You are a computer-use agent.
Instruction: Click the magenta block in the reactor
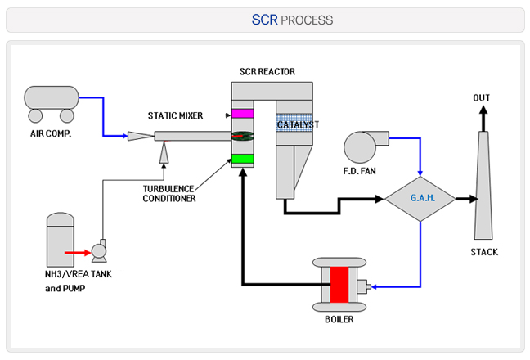click(x=243, y=114)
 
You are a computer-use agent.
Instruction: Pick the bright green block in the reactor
click(x=243, y=159)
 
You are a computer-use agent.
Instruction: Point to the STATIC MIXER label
click(x=175, y=115)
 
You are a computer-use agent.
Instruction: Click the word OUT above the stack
click(x=482, y=99)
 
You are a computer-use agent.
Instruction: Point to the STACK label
click(x=483, y=252)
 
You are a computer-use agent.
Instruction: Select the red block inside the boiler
click(x=339, y=286)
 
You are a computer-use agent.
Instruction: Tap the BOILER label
click(x=339, y=319)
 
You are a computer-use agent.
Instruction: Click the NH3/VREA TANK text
click(x=79, y=274)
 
